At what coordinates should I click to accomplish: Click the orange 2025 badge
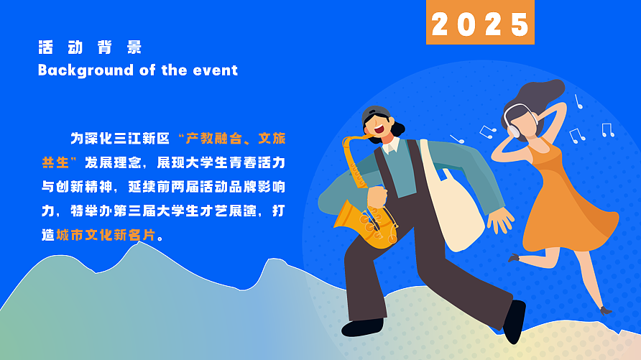480,24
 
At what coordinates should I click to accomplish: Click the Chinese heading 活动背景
90,48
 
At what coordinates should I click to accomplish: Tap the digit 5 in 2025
518,24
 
